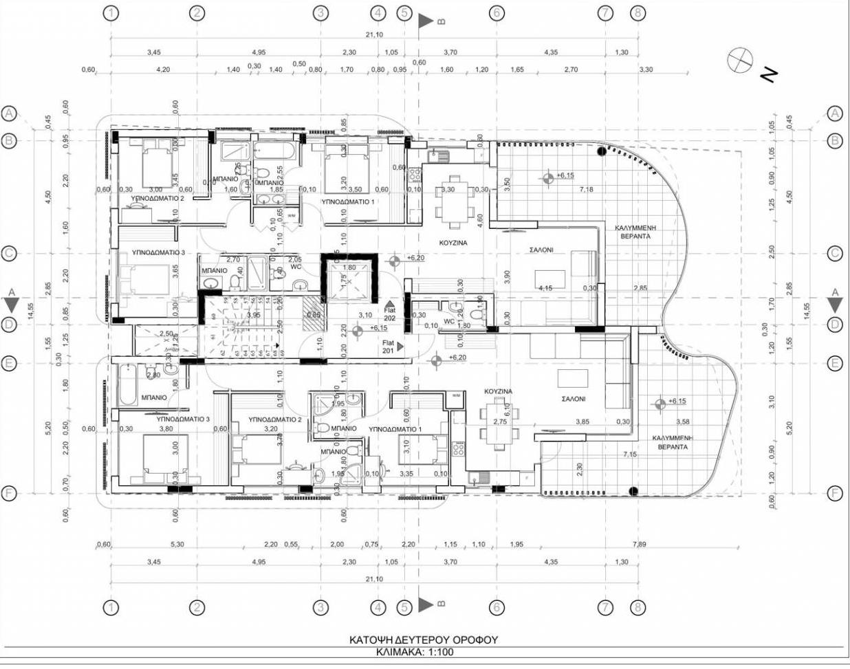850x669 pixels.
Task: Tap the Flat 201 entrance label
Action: pyautogui.click(x=388, y=347)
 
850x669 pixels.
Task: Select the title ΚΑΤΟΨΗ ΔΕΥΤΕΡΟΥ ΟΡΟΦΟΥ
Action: pyautogui.click(x=423, y=639)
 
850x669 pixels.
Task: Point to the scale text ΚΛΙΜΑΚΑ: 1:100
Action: pyautogui.click(x=415, y=652)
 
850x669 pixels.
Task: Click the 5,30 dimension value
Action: pyautogui.click(x=177, y=544)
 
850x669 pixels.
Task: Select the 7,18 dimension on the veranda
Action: pyautogui.click(x=586, y=189)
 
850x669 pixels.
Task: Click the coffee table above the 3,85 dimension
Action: pyautogui.click(x=572, y=379)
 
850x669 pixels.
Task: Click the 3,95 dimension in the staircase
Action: pyautogui.click(x=253, y=315)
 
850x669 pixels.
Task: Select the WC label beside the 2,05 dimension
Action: pyautogui.click(x=296, y=267)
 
